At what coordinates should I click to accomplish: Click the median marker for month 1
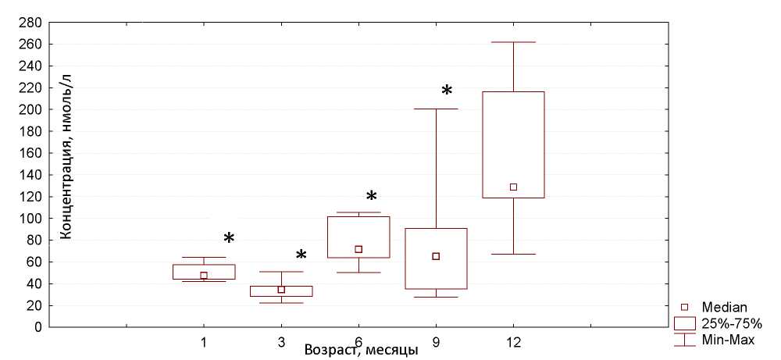pos(204,276)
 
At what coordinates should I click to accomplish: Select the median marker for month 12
pos(513,187)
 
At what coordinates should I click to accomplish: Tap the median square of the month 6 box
pos(358,250)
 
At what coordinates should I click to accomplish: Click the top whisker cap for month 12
pos(513,42)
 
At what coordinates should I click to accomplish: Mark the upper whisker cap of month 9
pos(436,109)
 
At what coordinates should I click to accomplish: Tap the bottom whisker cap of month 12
pos(513,254)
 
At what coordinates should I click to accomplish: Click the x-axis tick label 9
pos(436,342)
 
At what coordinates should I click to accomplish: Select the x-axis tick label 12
pos(513,342)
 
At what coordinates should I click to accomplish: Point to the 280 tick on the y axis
pos(30,23)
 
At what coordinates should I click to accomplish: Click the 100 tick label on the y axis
pos(30,219)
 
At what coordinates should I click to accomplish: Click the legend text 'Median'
pos(725,307)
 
